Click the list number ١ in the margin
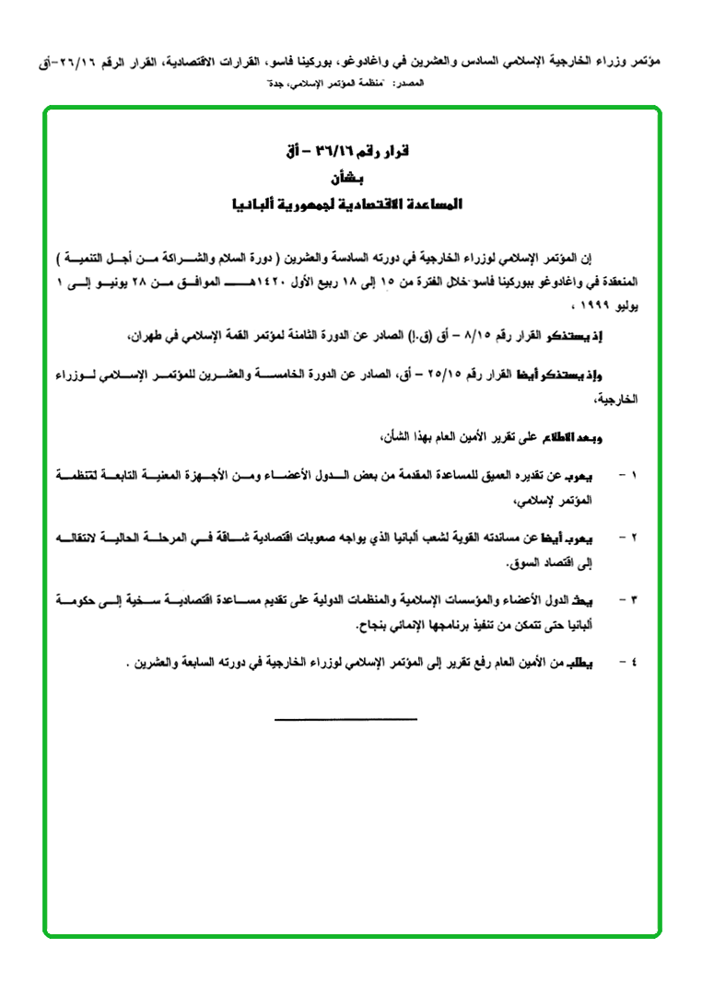(x=633, y=476)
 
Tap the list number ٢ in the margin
(x=633, y=536)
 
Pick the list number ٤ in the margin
(x=633, y=661)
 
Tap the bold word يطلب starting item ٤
(x=594, y=661)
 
